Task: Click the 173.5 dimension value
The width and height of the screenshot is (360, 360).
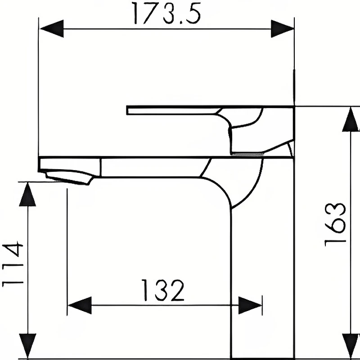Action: coord(167,13)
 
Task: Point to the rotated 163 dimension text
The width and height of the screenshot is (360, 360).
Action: coord(335,225)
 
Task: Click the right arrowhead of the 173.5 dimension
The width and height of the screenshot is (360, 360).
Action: coord(283,29)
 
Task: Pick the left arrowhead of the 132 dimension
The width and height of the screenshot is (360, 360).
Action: coord(80,306)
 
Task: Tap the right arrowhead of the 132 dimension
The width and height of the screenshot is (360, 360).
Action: coord(250,306)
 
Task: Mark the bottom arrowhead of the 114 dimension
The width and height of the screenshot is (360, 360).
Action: coord(28,346)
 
